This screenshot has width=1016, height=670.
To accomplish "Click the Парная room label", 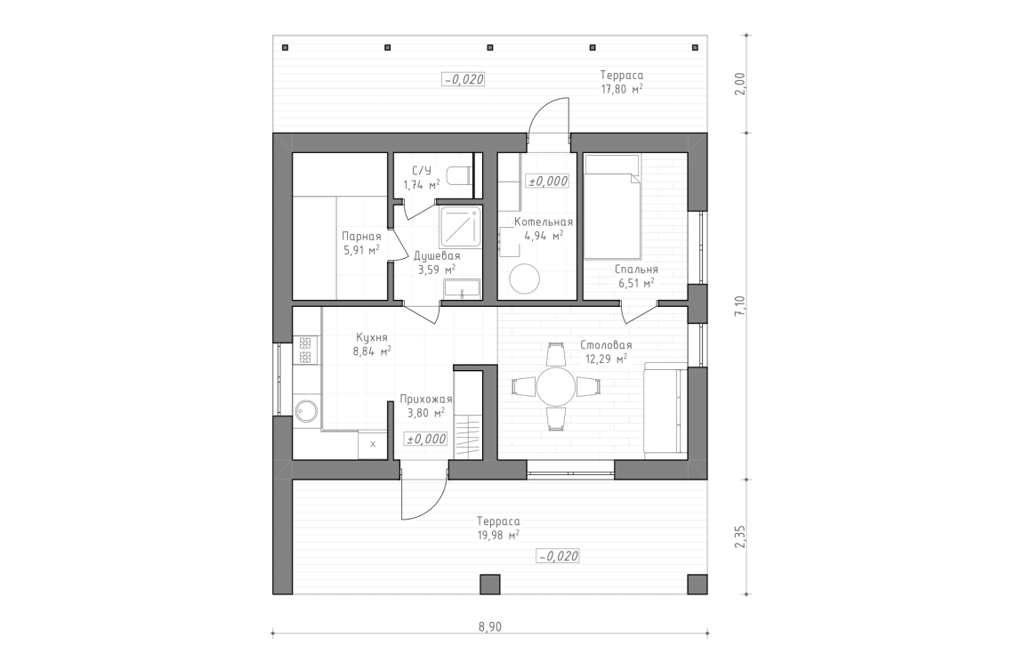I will coord(361,237).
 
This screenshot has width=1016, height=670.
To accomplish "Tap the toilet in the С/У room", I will coord(460,175).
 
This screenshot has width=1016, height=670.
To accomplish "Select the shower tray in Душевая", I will coord(461,228).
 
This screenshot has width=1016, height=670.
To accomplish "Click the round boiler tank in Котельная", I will coord(524,279).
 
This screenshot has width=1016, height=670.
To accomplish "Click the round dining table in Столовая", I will coord(557,387).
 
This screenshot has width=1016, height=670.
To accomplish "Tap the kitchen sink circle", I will coord(308,411).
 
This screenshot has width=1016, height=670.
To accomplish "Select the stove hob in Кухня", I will coord(304,350).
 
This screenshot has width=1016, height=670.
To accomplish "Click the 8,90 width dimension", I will coord(489,626).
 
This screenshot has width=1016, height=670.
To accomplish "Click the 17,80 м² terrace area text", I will coord(621,89).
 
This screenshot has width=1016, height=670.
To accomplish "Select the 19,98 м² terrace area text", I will coord(498,535).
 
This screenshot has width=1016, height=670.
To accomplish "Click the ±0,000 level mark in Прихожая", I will coord(426,439).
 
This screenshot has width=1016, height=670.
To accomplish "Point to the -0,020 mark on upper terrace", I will coord(463,78).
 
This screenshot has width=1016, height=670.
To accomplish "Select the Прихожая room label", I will coord(426,400).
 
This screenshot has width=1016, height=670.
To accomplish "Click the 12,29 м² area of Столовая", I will coord(606,359).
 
